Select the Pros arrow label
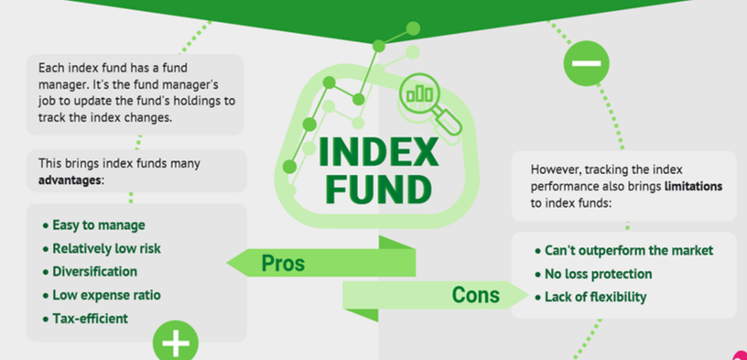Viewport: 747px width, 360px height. pos(283,263)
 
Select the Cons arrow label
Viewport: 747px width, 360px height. pos(476,295)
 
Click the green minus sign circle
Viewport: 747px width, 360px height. pos(585,64)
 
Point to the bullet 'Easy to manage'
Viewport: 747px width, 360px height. pos(98,224)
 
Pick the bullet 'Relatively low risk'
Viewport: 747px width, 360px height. pos(106,248)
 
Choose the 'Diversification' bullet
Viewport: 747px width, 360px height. pos(94,271)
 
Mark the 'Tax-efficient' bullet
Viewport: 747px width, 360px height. pos(90,319)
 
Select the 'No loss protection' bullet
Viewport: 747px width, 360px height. pos(599,274)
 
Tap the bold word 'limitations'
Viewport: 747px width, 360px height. pos(693,186)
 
